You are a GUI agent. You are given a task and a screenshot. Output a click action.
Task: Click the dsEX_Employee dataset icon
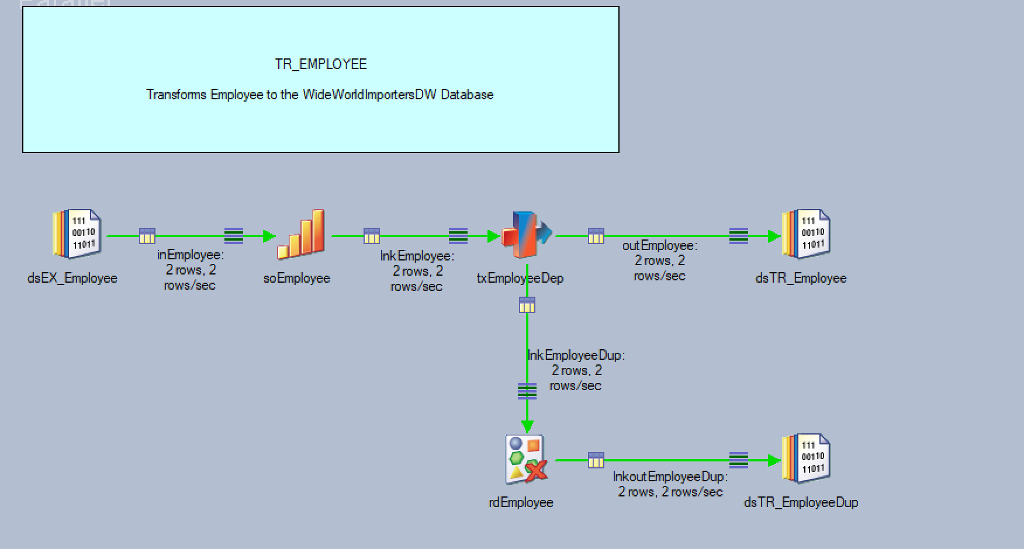(x=77, y=234)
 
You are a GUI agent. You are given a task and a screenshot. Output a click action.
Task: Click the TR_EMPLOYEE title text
(x=320, y=64)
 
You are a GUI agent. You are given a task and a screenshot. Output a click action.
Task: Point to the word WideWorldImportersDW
(x=369, y=95)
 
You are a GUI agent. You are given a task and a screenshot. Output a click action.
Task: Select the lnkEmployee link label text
(x=417, y=256)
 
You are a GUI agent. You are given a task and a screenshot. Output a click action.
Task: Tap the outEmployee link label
(x=660, y=246)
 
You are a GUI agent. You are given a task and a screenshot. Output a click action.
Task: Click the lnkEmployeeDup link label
(x=576, y=355)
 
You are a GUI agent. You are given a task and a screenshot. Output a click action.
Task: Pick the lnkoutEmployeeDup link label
(x=670, y=477)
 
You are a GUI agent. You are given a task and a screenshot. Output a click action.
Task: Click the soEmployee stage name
(x=297, y=278)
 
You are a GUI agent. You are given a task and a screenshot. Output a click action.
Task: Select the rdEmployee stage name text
(x=521, y=502)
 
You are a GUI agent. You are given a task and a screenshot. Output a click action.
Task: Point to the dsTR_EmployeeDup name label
(x=801, y=502)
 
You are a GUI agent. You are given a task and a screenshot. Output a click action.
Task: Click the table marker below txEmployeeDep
(x=527, y=305)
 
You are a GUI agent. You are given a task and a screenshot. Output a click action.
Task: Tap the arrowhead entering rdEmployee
(x=527, y=426)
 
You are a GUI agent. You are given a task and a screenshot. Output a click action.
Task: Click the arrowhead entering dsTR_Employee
(x=774, y=236)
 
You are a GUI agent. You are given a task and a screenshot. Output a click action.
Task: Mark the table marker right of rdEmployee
(x=596, y=460)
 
